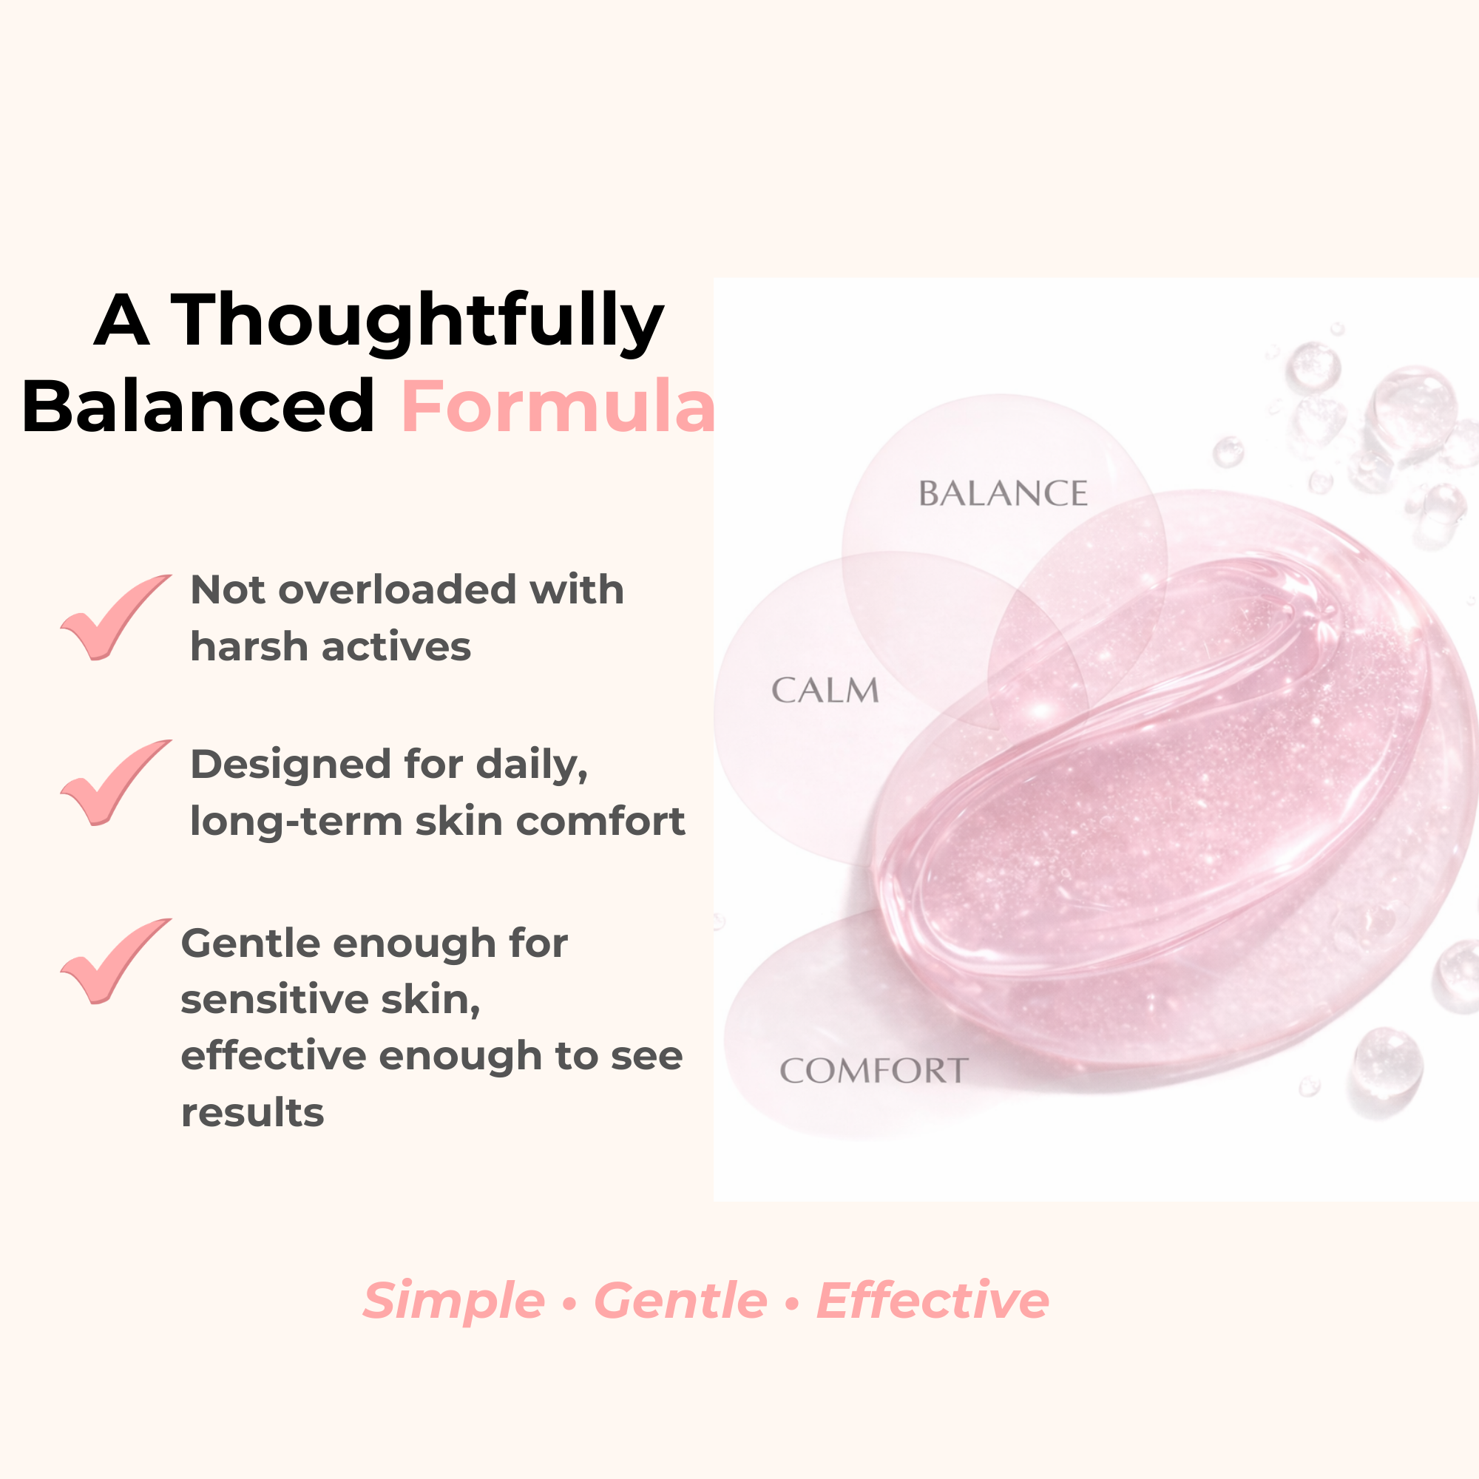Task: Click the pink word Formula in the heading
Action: (x=558, y=407)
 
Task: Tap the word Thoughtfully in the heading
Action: (x=417, y=322)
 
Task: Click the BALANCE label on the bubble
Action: (x=1003, y=494)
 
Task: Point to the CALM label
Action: (x=825, y=691)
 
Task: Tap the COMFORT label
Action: (x=874, y=1071)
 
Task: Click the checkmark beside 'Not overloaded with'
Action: (x=115, y=617)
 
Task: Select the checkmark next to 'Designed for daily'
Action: (x=115, y=782)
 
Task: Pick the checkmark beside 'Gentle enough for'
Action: (x=115, y=961)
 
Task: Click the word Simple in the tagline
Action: (x=454, y=1301)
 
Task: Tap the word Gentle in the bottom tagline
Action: (x=680, y=1301)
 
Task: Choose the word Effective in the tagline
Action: (x=933, y=1301)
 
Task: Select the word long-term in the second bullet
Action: (x=297, y=822)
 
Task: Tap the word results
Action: (x=253, y=1112)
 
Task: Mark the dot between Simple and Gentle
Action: (x=569, y=1302)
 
